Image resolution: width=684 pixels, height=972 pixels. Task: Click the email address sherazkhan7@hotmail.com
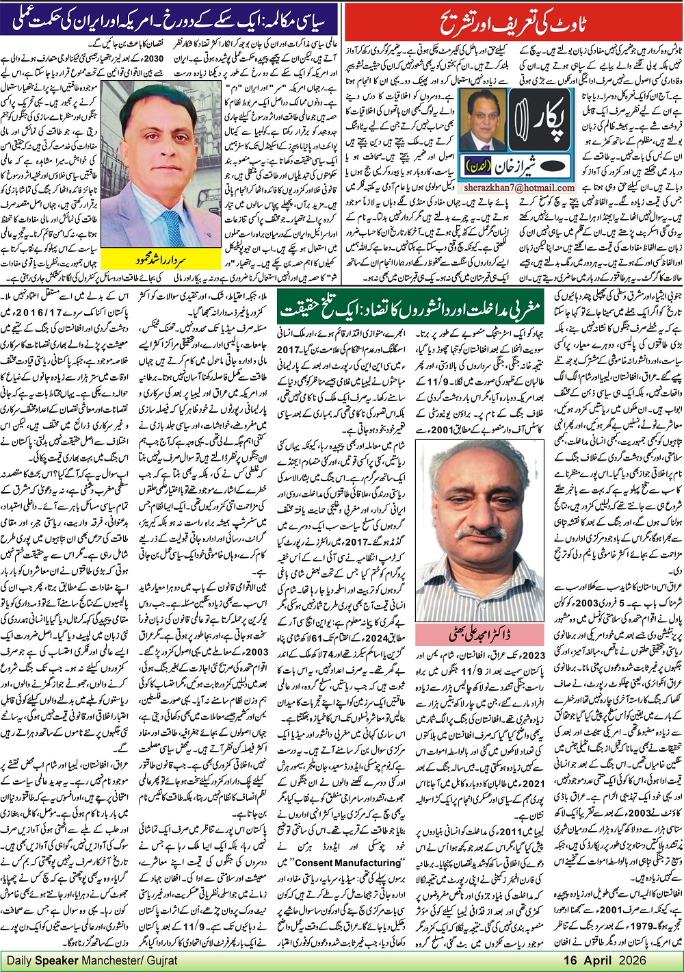tap(517, 188)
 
